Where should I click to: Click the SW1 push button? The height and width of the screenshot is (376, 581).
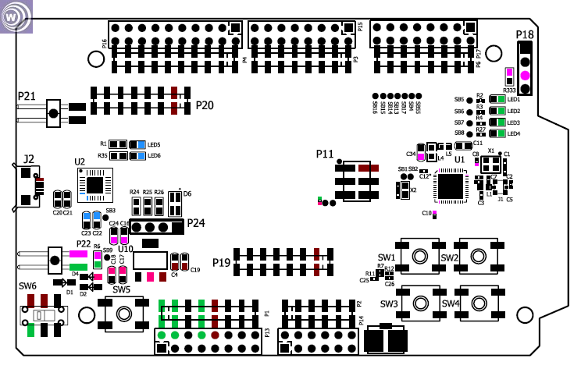[x=419, y=256]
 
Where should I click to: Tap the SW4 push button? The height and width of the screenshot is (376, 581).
[x=478, y=303]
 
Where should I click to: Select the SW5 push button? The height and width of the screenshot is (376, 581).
[x=123, y=313]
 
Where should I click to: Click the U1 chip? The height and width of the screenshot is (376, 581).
[x=451, y=186]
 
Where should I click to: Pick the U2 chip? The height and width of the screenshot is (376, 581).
[x=95, y=185]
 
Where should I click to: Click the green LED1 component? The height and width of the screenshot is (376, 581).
[x=497, y=99]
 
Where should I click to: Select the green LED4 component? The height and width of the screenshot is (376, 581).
[x=497, y=133]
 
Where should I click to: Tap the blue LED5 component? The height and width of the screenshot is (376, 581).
[x=138, y=144]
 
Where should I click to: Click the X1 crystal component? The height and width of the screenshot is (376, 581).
[x=490, y=164]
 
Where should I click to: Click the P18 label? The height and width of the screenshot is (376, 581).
[x=525, y=34]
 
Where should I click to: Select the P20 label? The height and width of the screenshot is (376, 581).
[x=205, y=105]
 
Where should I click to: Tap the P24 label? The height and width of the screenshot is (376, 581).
[x=196, y=223]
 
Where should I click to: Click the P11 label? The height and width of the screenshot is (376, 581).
[x=325, y=154]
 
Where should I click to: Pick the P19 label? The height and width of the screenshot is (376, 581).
[x=222, y=263]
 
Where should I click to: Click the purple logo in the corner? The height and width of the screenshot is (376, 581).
[x=16, y=17]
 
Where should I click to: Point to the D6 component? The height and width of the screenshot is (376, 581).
[x=175, y=205]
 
